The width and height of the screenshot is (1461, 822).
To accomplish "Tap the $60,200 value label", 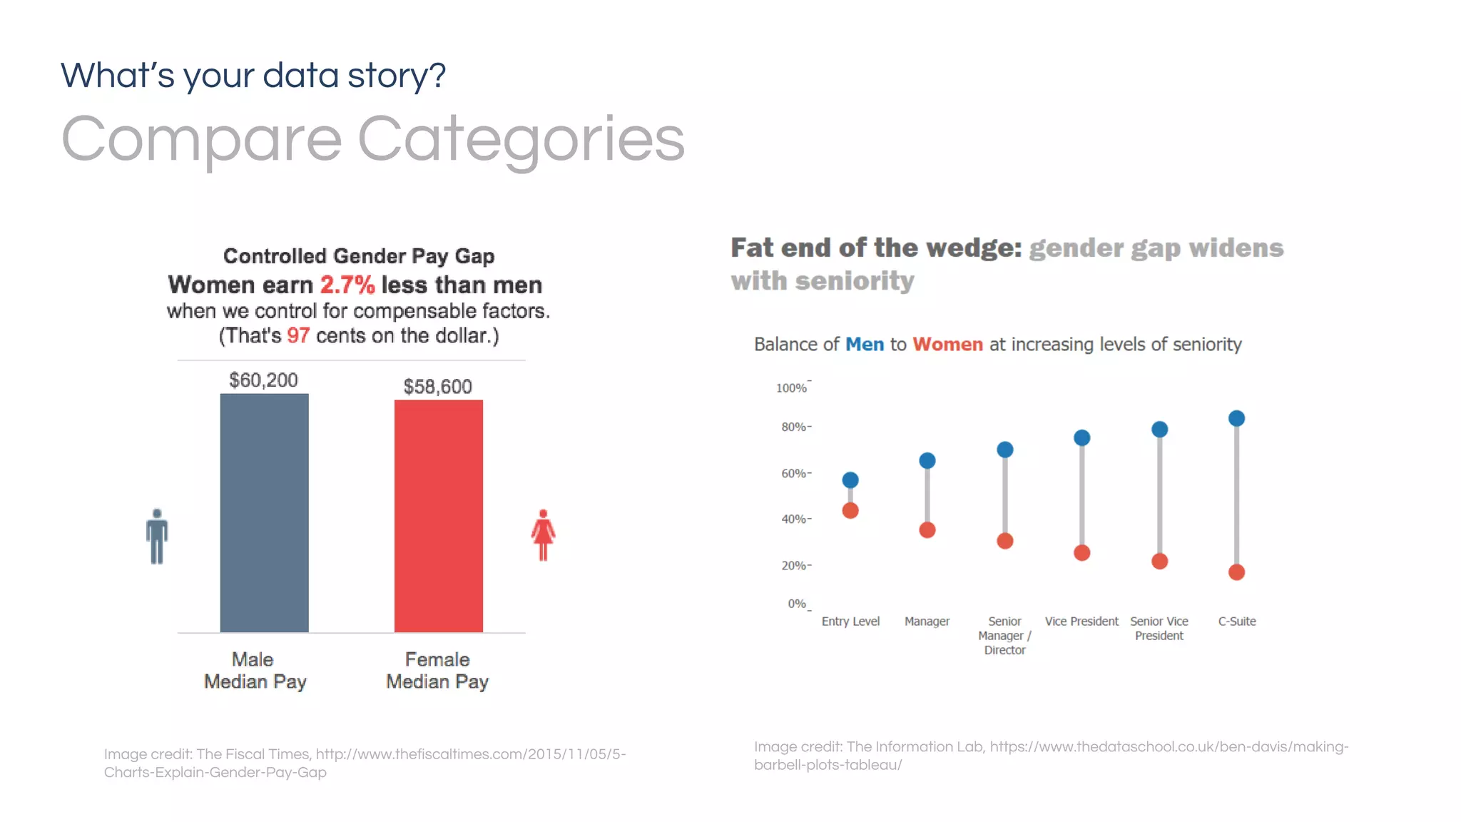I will (263, 380).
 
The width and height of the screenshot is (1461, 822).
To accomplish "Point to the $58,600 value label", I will (437, 387).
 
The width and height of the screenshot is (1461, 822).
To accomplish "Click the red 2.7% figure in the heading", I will (347, 285).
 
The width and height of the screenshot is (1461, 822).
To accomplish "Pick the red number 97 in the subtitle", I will (298, 335).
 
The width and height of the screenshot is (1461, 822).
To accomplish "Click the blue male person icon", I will (157, 536).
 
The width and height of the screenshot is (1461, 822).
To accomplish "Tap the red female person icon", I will (543, 535).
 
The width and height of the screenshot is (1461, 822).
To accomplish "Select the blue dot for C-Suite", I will (1236, 419).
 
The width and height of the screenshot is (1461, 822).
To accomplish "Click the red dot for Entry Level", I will (850, 511).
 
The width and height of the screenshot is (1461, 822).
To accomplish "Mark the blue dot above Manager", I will (927, 461).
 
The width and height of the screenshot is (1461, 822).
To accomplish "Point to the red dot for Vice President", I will (1082, 553).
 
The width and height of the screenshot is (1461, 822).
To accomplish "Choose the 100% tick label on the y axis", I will (791, 388).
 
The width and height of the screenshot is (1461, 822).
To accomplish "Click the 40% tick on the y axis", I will (794, 519).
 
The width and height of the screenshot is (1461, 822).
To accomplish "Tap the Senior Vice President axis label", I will (1159, 629).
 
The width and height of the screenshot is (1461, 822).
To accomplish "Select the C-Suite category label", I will (1237, 621).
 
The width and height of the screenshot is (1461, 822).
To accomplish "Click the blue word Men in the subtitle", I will (865, 345).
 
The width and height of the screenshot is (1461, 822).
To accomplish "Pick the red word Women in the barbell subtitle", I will (947, 345).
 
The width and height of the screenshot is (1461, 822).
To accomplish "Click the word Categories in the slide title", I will (521, 140).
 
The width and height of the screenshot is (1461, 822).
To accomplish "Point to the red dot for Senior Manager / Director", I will (1005, 541).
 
